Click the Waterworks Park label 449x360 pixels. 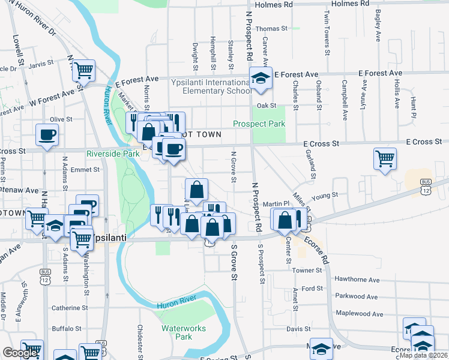tap(184, 332)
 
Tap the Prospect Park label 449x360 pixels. tap(259, 124)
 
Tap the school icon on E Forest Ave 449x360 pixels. tap(261, 79)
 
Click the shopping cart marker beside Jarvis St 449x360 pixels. tap(84, 71)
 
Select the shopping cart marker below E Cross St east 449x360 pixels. tap(385, 159)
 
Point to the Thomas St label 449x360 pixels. tap(271, 28)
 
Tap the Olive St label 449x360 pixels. tap(61, 119)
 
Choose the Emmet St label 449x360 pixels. tap(85, 170)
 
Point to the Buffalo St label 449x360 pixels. tap(66, 328)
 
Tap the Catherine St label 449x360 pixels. tap(70, 308)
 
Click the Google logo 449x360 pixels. tap(20, 353)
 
